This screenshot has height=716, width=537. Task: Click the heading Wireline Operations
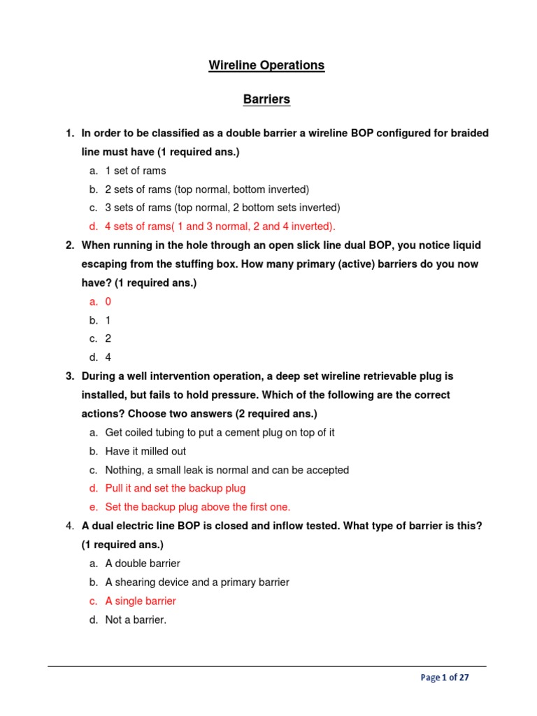tap(266, 65)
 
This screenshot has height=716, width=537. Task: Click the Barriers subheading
tap(266, 99)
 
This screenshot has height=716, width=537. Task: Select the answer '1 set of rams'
tap(135, 171)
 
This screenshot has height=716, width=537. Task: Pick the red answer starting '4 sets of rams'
tap(220, 226)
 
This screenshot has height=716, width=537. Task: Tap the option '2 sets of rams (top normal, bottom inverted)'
tap(206, 189)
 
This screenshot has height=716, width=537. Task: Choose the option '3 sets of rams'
tap(222, 208)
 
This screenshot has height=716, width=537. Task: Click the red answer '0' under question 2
tap(108, 301)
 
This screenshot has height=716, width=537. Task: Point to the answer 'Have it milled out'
tap(145, 452)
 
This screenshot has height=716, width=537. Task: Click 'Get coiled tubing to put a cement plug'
tap(220, 433)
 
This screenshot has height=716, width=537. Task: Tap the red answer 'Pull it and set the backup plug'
tap(175, 488)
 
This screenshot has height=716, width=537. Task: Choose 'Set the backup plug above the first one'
tap(197, 507)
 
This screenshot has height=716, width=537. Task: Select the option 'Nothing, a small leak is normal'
tap(227, 470)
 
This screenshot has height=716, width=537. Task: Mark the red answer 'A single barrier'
tap(140, 601)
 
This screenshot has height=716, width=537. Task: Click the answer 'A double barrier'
tap(142, 563)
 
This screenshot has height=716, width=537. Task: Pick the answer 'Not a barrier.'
tap(136, 620)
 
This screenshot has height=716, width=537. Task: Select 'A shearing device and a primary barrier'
tap(196, 582)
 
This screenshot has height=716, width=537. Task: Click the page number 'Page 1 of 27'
tap(445, 678)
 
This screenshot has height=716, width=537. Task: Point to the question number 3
tap(70, 376)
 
